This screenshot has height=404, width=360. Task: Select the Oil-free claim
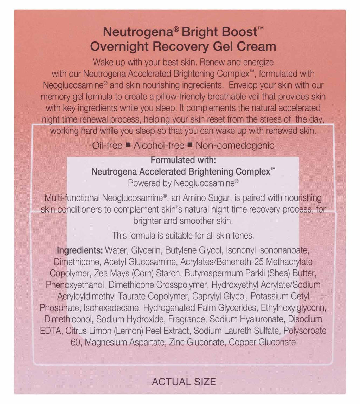point(107,145)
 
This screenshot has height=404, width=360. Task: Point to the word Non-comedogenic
point(235,145)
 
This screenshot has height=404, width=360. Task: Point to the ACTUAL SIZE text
point(184,382)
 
